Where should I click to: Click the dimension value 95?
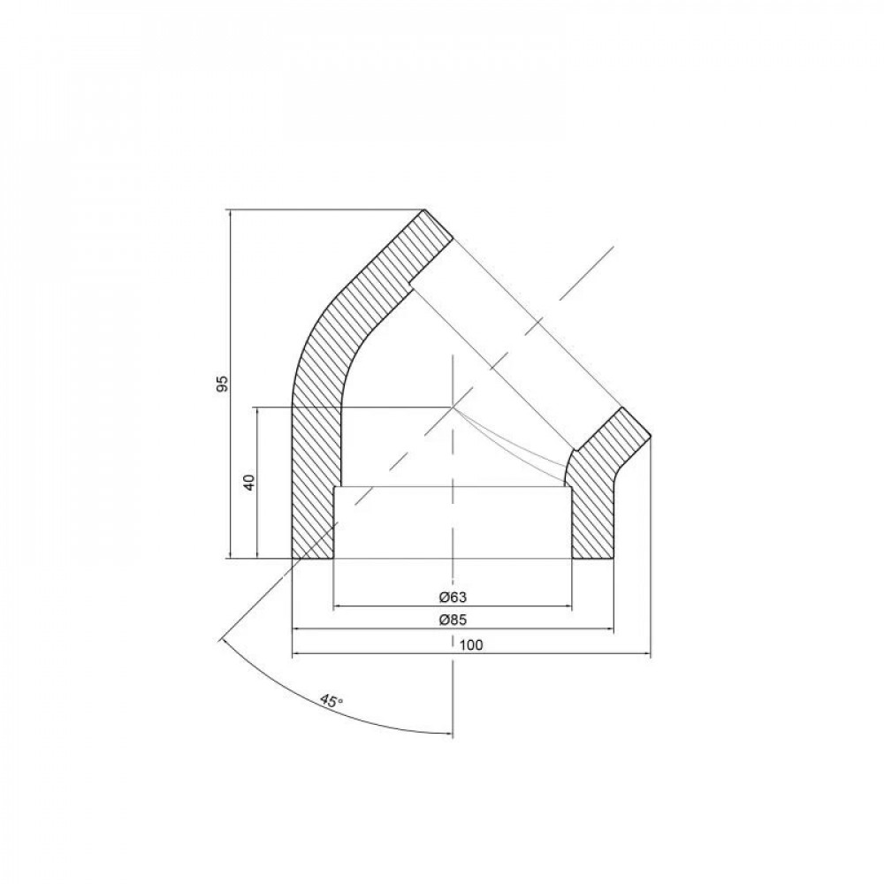coord(223,384)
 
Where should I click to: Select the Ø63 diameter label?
coord(452,598)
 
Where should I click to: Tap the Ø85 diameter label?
coord(452,621)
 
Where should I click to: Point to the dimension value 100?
coord(471,645)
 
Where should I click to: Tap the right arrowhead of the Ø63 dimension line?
coord(566,606)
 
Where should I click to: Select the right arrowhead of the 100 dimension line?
coord(646,655)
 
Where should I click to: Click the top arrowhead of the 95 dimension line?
coord(229,213)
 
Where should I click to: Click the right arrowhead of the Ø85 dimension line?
coord(610,629)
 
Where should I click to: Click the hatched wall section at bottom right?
coord(592,517)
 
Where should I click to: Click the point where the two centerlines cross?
coord(453,407)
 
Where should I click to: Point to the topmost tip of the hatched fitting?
coord(425,210)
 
